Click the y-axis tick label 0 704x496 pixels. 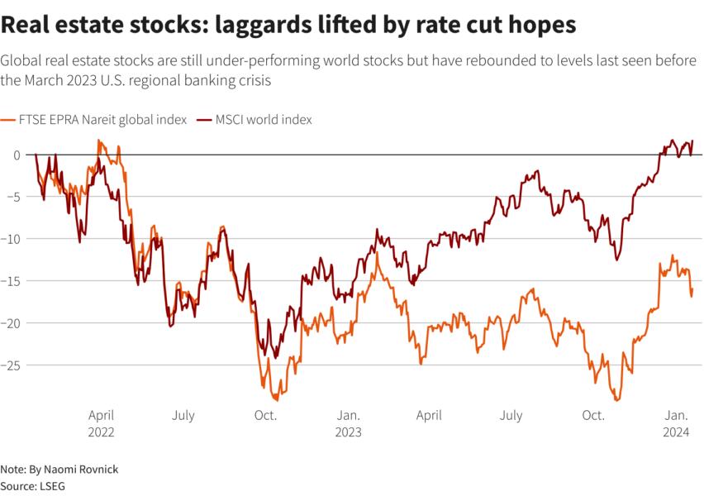pyautogui.click(x=16, y=155)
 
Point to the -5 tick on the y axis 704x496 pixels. pyautogui.click(x=12, y=197)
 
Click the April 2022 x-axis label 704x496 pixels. pyautogui.click(x=101, y=422)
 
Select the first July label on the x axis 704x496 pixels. pyautogui.click(x=183, y=415)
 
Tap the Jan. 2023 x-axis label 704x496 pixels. pyautogui.click(x=348, y=422)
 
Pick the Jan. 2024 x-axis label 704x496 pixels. pyautogui.click(x=678, y=422)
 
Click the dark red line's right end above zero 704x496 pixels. pyautogui.click(x=692, y=141)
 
